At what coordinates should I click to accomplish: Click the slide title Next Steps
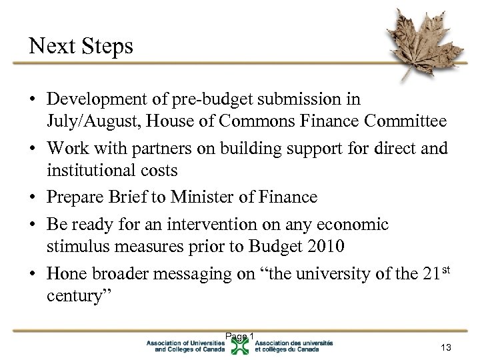[81, 46]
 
